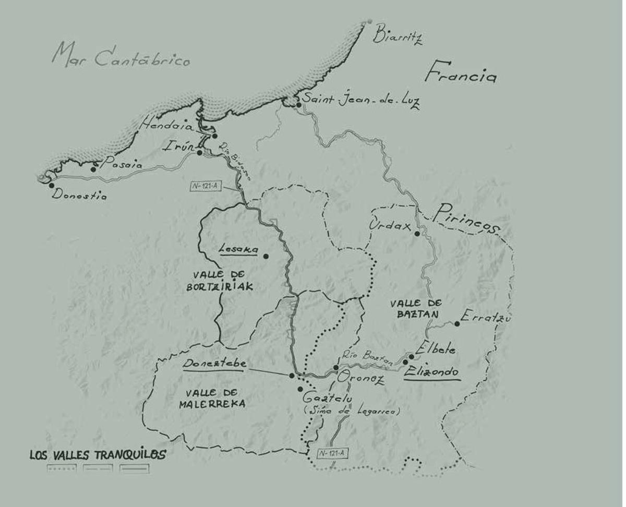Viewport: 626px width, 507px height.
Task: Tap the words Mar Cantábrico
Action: [x=121, y=56]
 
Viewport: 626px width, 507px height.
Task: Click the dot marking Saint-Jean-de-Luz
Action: [x=298, y=105]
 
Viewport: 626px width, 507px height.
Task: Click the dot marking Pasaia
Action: [x=93, y=169]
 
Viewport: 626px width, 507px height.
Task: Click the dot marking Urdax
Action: [x=417, y=233]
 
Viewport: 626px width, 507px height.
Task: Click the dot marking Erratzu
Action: [x=457, y=324]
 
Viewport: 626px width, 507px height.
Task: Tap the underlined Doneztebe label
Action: [x=214, y=364]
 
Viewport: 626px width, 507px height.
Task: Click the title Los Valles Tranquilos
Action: [x=98, y=454]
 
